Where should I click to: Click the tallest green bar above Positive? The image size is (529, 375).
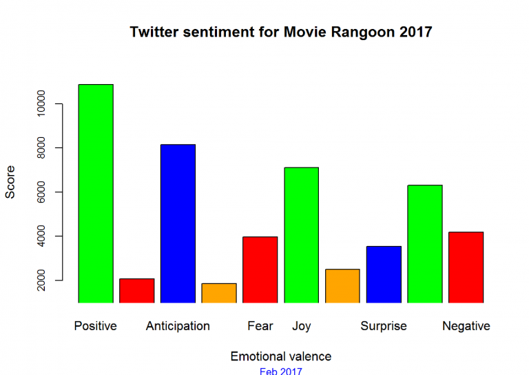coord(95,193)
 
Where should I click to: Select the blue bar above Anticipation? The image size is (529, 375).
coord(178,223)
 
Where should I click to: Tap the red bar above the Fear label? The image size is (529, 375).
coord(260,270)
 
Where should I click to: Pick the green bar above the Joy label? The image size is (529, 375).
coord(301,234)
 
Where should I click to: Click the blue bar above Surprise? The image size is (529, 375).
coord(384,274)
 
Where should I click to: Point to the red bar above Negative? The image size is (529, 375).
coord(466,267)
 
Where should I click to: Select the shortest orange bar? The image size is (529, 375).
coord(219,293)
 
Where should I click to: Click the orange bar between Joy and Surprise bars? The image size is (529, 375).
coord(342,285)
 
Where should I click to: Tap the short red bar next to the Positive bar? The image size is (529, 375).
coord(136,290)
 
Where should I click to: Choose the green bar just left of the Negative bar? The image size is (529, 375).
coord(424,243)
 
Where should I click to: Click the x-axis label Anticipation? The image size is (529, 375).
coord(178,326)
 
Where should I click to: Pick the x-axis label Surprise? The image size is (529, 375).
coord(384,326)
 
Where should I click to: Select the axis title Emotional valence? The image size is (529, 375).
coord(280,356)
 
